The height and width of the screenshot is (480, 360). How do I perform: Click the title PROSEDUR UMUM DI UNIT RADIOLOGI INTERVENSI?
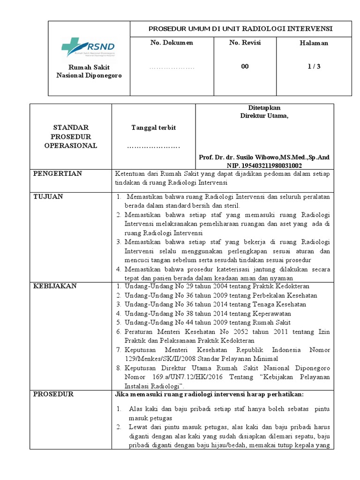click(x=240, y=29)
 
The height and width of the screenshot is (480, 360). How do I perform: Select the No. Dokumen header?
click(x=172, y=43)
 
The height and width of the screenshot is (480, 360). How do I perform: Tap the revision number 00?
click(x=245, y=67)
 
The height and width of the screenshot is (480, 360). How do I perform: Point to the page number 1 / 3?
click(x=314, y=67)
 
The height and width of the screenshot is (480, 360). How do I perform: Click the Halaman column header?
click(x=314, y=43)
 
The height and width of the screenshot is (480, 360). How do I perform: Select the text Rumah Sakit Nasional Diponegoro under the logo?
click(x=89, y=71)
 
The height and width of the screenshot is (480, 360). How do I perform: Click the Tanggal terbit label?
click(x=153, y=128)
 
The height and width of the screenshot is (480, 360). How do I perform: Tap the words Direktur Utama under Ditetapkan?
click(x=264, y=116)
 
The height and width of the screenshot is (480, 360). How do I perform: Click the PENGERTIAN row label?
click(x=58, y=173)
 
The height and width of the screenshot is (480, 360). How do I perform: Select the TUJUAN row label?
click(x=49, y=196)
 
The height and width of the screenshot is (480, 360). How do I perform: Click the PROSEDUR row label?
click(x=53, y=394)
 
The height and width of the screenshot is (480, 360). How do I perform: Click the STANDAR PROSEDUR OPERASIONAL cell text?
click(x=71, y=136)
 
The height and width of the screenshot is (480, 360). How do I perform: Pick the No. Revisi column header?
click(x=245, y=43)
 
